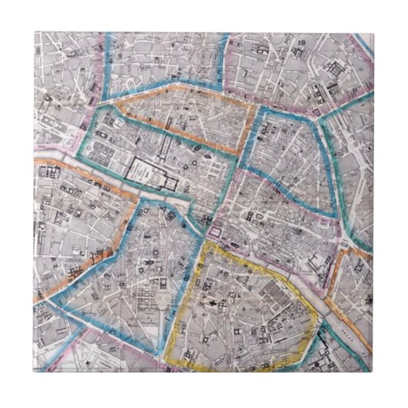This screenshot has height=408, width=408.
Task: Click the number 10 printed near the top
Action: (x=303, y=43)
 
